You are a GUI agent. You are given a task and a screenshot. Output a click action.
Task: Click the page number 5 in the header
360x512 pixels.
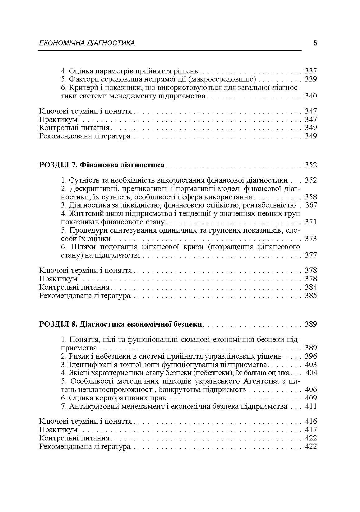click(x=315, y=43)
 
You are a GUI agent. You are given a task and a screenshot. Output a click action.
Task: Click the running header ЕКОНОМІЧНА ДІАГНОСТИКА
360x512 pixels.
click(x=87, y=43)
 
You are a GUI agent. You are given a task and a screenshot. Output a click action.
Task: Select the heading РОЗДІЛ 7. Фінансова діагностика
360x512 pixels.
click(x=102, y=165)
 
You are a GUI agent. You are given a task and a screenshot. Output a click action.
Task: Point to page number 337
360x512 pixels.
click(x=311, y=71)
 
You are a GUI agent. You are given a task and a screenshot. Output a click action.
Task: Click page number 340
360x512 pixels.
click(x=311, y=96)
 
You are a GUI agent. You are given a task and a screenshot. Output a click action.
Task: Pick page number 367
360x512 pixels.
click(x=311, y=205)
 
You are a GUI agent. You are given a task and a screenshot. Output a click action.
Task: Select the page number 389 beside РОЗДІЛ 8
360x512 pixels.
click(x=311, y=324)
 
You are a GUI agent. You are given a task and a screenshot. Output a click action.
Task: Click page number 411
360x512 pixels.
click(x=311, y=406)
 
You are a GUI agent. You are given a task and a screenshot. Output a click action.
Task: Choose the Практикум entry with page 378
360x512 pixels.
click(x=58, y=279)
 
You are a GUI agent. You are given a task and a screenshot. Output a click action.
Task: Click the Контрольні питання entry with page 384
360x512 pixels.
click(x=74, y=287)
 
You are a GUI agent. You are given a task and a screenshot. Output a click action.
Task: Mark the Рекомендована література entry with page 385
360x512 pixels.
click(x=85, y=296)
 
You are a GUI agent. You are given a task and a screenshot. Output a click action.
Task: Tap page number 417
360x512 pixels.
click(x=311, y=430)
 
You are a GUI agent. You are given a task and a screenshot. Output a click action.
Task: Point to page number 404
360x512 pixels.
click(x=311, y=373)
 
